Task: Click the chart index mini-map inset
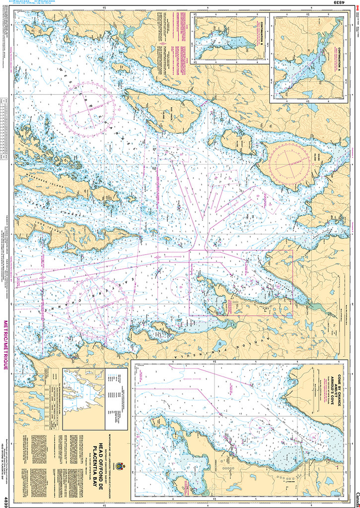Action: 81,392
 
